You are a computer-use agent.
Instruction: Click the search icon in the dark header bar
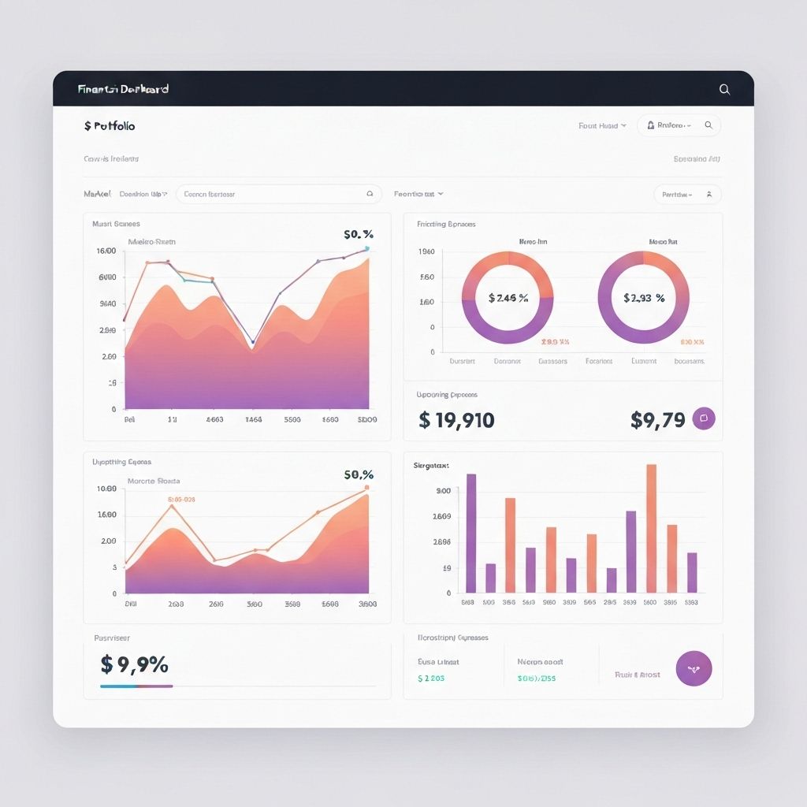click(x=724, y=90)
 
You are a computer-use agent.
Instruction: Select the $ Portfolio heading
click(x=110, y=125)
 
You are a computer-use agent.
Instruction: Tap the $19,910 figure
click(x=456, y=420)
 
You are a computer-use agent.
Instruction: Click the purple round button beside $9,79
click(x=703, y=418)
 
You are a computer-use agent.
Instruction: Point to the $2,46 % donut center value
click(x=508, y=298)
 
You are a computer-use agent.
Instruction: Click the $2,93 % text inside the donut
click(x=644, y=298)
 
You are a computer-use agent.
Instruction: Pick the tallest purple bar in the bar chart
click(x=471, y=533)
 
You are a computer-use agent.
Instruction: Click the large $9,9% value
click(x=135, y=664)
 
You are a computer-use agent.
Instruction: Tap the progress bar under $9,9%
click(x=136, y=686)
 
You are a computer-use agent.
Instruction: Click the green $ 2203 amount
click(x=431, y=678)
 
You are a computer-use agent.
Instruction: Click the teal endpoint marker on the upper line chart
click(x=367, y=248)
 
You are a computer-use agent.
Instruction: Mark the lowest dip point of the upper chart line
click(x=252, y=342)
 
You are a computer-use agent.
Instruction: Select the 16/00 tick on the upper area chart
click(x=106, y=251)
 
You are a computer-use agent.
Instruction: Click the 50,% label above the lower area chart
click(x=359, y=475)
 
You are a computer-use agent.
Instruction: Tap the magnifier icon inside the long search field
click(x=370, y=193)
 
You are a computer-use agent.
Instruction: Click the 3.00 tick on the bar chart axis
click(x=443, y=491)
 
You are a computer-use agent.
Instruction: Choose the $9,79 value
click(x=657, y=420)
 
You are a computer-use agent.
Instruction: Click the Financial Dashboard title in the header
click(x=123, y=89)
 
